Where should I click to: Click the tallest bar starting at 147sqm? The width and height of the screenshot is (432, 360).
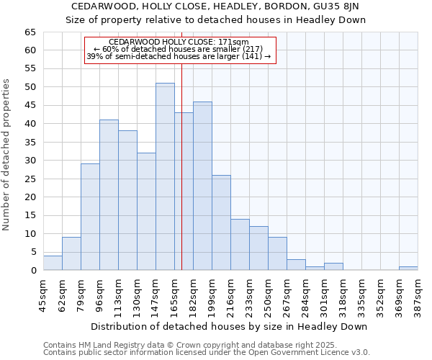pos(165,176)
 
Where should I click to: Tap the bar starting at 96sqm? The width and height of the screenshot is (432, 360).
pos(109,194)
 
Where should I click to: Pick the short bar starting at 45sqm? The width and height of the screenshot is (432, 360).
pos(53,263)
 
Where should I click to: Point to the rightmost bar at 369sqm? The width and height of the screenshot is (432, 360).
pos(408,269)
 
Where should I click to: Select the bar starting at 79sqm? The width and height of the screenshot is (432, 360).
pos(90,217)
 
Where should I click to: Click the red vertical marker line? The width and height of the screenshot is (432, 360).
pos(181,166)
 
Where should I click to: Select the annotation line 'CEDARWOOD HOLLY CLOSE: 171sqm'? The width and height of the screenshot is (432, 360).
pos(179,42)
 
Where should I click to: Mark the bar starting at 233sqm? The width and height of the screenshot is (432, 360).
pos(258,248)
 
